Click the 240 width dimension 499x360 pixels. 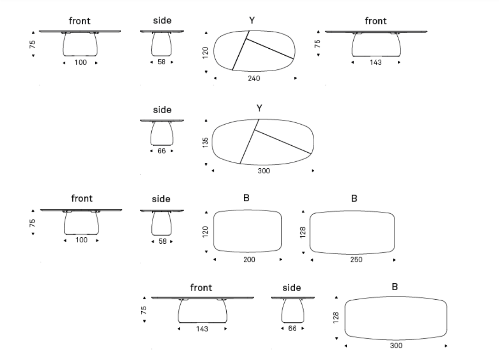pos(254,78)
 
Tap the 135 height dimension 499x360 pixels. pos(205,142)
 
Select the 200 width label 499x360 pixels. pos(249,259)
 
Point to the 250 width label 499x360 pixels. pos(356,259)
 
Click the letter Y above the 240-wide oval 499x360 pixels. pos(252,21)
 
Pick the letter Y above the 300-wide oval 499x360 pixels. pos(259,109)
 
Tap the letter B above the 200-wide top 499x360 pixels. pos(247,198)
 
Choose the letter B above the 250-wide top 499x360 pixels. pos(354,199)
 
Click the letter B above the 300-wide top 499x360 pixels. pos(395,287)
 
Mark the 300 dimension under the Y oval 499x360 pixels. pos(264,171)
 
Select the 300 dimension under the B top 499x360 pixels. pos(396,345)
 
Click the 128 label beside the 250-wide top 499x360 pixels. pos(303,232)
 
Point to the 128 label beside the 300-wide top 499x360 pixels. pos(336,318)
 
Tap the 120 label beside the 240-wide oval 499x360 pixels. pos(205,52)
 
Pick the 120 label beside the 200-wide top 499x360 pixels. pos(205,232)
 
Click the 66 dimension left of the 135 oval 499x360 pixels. pos(162,151)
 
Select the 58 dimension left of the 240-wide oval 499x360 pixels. pos(162,62)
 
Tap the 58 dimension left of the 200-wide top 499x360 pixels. pos(162,241)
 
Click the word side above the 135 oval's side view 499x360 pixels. pos(162,110)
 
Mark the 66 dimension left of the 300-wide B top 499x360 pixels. pos(292,328)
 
